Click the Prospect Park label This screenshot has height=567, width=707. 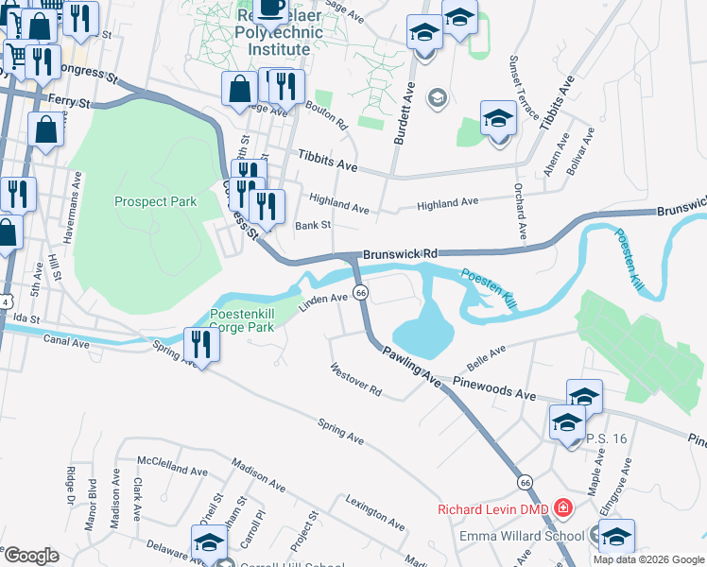click(x=155, y=201)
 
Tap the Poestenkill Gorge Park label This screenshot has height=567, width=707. click(x=241, y=320)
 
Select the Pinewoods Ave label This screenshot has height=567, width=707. click(x=493, y=387)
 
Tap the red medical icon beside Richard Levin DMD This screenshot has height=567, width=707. click(x=564, y=509)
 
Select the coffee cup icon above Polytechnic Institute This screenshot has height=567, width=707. click(x=271, y=8)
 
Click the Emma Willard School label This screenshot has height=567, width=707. click(x=522, y=536)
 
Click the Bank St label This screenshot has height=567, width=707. click(x=312, y=226)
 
